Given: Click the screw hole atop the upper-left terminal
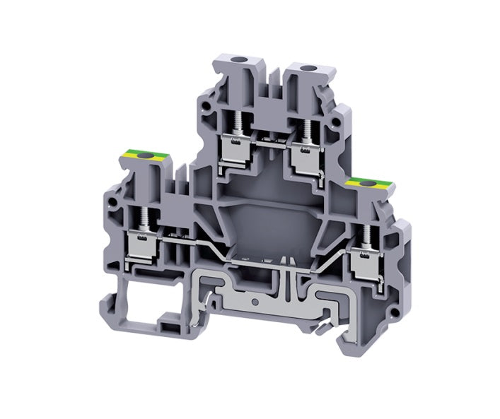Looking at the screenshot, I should tap(233, 66).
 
